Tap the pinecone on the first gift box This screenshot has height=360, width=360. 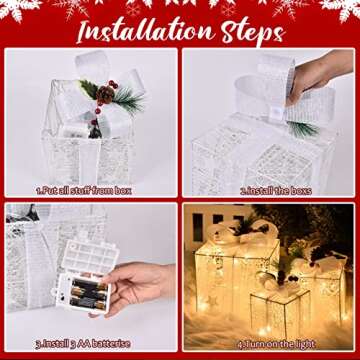106,92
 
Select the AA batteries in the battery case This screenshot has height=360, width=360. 88,295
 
